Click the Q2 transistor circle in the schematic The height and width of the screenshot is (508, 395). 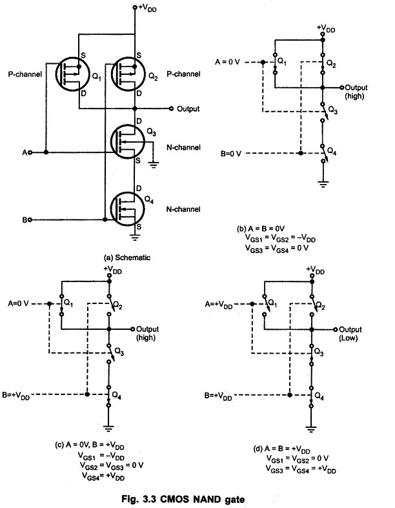pyautogui.click(x=128, y=74)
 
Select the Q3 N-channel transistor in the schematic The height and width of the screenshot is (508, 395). pyautogui.click(x=127, y=142)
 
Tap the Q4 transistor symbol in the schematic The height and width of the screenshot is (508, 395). pyautogui.click(x=127, y=209)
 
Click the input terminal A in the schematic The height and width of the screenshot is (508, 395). pyautogui.click(x=30, y=152)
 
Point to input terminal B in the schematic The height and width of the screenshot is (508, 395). pyautogui.click(x=30, y=219)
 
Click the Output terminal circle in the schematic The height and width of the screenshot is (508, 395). pyautogui.click(x=172, y=108)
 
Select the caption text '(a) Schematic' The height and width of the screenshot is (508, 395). pyautogui.click(x=127, y=258)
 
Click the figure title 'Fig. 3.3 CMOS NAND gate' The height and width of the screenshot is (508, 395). pyautogui.click(x=183, y=498)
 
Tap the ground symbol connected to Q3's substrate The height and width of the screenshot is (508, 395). pyautogui.click(x=154, y=165)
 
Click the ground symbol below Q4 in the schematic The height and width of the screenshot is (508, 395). pyautogui.click(x=135, y=238)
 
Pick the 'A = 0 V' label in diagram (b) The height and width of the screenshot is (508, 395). pyautogui.click(x=227, y=61)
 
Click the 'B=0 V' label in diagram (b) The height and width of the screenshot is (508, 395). pyautogui.click(x=231, y=154)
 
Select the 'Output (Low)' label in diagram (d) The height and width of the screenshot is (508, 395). pyautogui.click(x=349, y=334)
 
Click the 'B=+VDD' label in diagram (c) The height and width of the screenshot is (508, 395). pyautogui.click(x=16, y=396)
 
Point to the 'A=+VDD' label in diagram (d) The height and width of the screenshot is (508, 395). pyautogui.click(x=219, y=305)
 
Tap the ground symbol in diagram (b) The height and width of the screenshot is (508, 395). pyautogui.click(x=323, y=185)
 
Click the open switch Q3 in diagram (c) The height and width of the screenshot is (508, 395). pyautogui.click(x=110, y=353)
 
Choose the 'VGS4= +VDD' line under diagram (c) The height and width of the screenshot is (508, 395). pyautogui.click(x=103, y=476)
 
